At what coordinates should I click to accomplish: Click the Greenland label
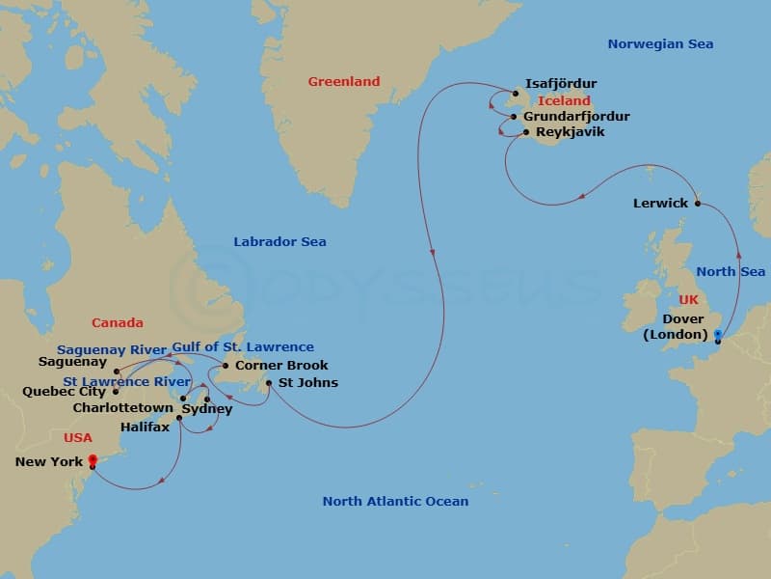[x=344, y=82]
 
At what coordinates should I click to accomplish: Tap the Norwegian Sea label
[x=660, y=44]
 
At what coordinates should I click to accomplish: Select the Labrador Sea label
[x=279, y=242]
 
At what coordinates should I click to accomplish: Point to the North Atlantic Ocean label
[x=395, y=501]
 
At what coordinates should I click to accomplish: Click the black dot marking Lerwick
[x=698, y=204]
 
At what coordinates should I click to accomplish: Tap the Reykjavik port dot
[x=526, y=132]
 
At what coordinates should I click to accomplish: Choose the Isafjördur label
[x=560, y=84]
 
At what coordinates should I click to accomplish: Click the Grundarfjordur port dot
[x=515, y=117]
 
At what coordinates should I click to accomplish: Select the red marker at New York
[x=92, y=459]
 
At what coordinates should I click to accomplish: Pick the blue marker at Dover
[x=717, y=334]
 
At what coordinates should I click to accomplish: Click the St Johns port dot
[x=269, y=383]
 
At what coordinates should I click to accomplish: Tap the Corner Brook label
[x=281, y=366]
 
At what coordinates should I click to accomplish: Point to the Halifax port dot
[x=179, y=418]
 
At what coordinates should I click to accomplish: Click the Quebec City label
[x=64, y=392]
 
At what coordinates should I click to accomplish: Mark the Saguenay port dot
[x=116, y=371]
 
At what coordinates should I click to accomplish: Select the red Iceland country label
[x=564, y=100]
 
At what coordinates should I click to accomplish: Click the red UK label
[x=688, y=300]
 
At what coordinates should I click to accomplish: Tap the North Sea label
[x=731, y=272]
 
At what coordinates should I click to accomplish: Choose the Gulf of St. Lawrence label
[x=243, y=347]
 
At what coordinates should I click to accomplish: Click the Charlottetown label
[x=122, y=408]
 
